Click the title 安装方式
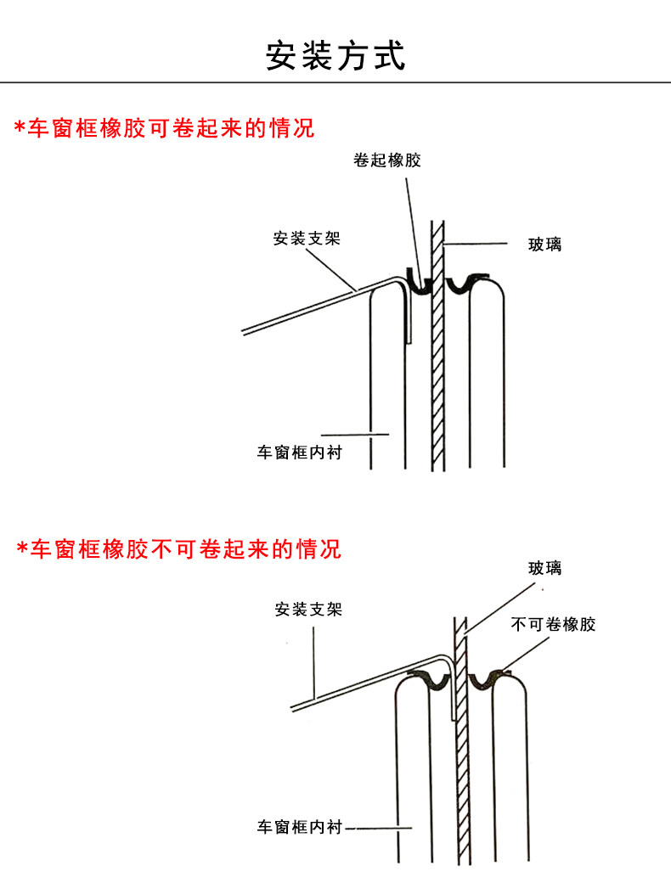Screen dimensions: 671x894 click(x=336, y=55)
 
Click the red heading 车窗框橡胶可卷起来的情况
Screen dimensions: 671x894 click(x=171, y=128)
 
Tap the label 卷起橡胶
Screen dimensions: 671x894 click(x=387, y=160)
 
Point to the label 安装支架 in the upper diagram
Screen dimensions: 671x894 click(x=307, y=239)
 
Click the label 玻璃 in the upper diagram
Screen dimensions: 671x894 click(x=544, y=245)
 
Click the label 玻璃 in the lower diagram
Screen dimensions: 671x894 click(x=544, y=568)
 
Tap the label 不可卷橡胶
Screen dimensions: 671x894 click(x=554, y=625)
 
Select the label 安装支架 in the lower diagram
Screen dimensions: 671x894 click(x=308, y=609)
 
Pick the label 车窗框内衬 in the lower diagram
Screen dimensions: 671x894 click(x=300, y=826)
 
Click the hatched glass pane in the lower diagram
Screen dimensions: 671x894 click(x=463, y=764)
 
